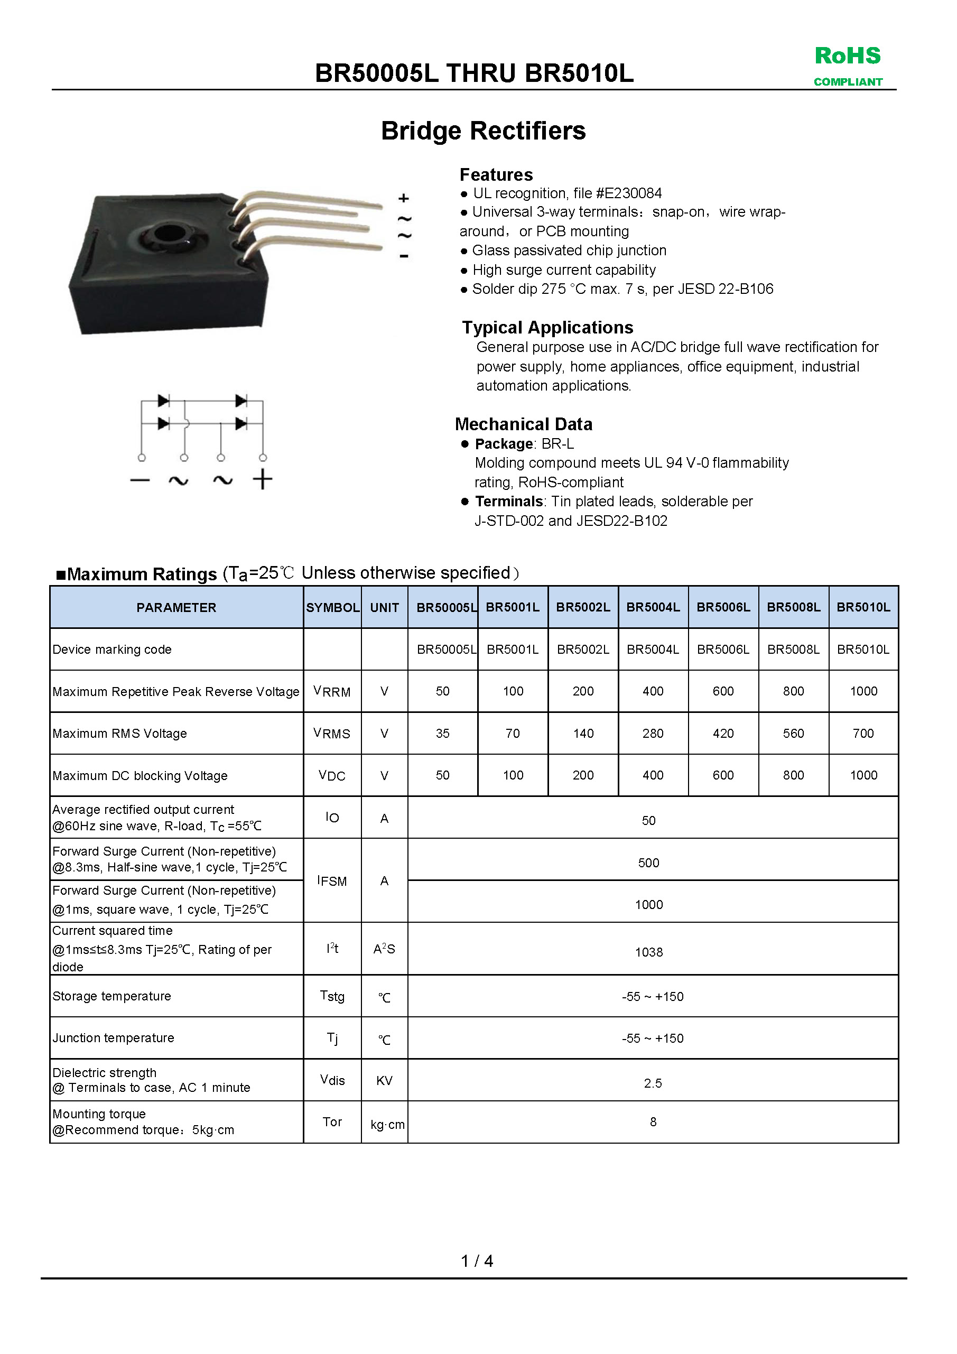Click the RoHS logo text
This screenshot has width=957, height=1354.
point(847,56)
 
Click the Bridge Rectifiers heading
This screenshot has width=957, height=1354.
point(483,131)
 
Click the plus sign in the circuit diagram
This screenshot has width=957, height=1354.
point(263,479)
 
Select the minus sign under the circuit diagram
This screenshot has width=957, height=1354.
point(140,480)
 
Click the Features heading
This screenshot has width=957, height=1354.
point(496,174)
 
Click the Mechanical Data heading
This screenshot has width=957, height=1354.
point(524,424)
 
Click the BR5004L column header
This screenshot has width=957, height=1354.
point(653,607)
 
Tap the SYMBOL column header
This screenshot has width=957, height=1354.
point(332,607)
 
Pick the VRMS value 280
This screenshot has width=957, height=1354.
point(653,733)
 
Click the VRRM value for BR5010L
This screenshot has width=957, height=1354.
point(863,691)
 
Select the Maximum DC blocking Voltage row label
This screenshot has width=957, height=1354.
point(140,775)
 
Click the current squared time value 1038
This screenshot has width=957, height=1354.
point(648,952)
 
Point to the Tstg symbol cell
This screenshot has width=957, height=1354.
point(332,996)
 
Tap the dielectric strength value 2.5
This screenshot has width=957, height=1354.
point(653,1083)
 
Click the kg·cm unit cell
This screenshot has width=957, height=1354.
point(387,1125)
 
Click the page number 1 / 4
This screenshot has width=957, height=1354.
point(477,1261)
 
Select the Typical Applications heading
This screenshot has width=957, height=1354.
point(547,327)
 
